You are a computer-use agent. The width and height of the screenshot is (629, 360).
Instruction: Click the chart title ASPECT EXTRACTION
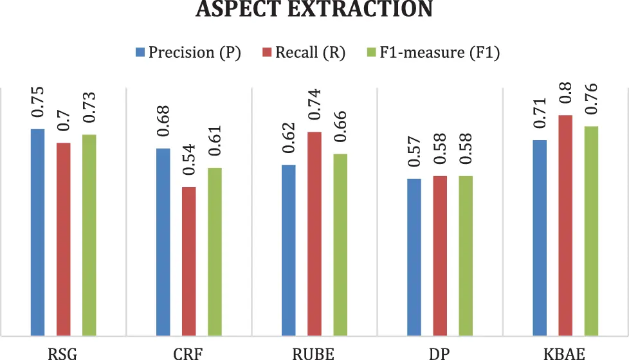(314, 9)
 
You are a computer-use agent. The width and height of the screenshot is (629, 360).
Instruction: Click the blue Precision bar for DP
(415, 256)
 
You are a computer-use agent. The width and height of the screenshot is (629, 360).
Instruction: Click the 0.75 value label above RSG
(38, 103)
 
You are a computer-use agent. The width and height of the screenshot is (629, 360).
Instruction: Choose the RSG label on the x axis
(63, 353)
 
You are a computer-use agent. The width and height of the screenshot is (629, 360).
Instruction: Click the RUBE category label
(314, 353)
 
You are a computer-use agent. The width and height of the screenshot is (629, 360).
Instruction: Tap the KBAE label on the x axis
(565, 353)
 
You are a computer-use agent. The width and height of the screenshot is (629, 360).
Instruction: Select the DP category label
(440, 353)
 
